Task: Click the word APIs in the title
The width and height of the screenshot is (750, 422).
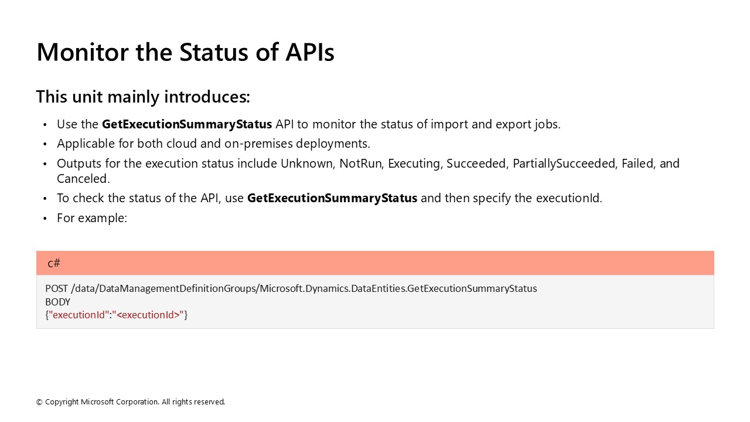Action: point(310,52)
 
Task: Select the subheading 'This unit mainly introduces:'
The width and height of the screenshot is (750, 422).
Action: point(143,97)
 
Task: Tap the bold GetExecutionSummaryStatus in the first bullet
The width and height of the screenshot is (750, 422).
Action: point(187,124)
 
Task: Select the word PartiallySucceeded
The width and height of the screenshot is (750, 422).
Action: point(564,164)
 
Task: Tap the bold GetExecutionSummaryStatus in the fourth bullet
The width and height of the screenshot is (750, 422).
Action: point(332,198)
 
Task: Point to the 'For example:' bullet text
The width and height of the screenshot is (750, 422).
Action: point(92,218)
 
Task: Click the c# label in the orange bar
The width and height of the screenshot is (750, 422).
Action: point(54,263)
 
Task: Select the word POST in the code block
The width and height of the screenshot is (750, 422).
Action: point(56,288)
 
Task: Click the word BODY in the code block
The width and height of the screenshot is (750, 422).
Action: point(57,302)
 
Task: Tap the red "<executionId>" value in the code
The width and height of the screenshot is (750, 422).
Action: point(148,315)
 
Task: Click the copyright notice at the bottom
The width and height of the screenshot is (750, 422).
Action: point(131,402)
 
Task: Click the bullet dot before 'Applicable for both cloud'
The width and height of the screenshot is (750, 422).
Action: point(45,144)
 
